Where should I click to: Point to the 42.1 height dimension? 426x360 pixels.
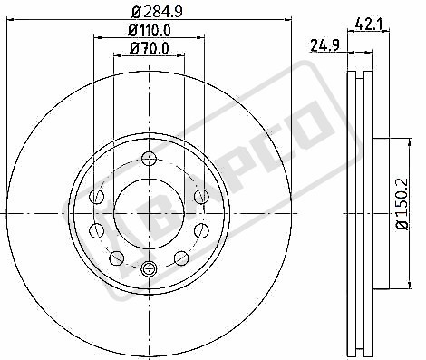pyautogui.click(x=366, y=25)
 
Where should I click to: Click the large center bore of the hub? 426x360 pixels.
pyautogui.click(x=149, y=211)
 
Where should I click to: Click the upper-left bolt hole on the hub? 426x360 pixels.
pyautogui.click(x=98, y=195)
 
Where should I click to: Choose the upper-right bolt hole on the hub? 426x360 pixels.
pyautogui.click(x=200, y=195)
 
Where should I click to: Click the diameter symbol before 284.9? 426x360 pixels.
pyautogui.click(x=135, y=11)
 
